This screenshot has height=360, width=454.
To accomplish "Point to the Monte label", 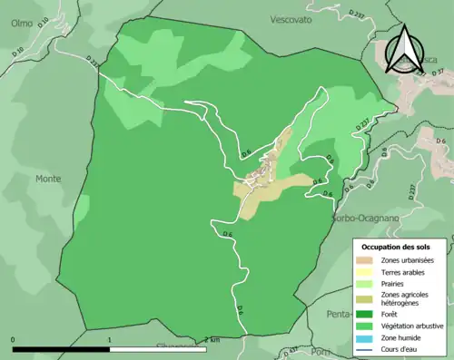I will (x=48, y=179).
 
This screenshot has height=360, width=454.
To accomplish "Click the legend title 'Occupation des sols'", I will (x=397, y=247).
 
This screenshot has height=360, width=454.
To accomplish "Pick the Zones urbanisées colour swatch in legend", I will (x=366, y=261).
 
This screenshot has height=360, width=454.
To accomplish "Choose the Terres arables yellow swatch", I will (x=366, y=272).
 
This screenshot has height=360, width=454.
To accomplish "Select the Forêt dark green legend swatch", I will (x=366, y=314).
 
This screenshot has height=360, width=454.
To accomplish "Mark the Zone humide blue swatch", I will (x=366, y=336).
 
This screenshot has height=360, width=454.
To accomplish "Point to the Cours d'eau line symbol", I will (x=366, y=347).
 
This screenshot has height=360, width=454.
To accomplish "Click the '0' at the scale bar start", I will (x=14, y=340).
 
